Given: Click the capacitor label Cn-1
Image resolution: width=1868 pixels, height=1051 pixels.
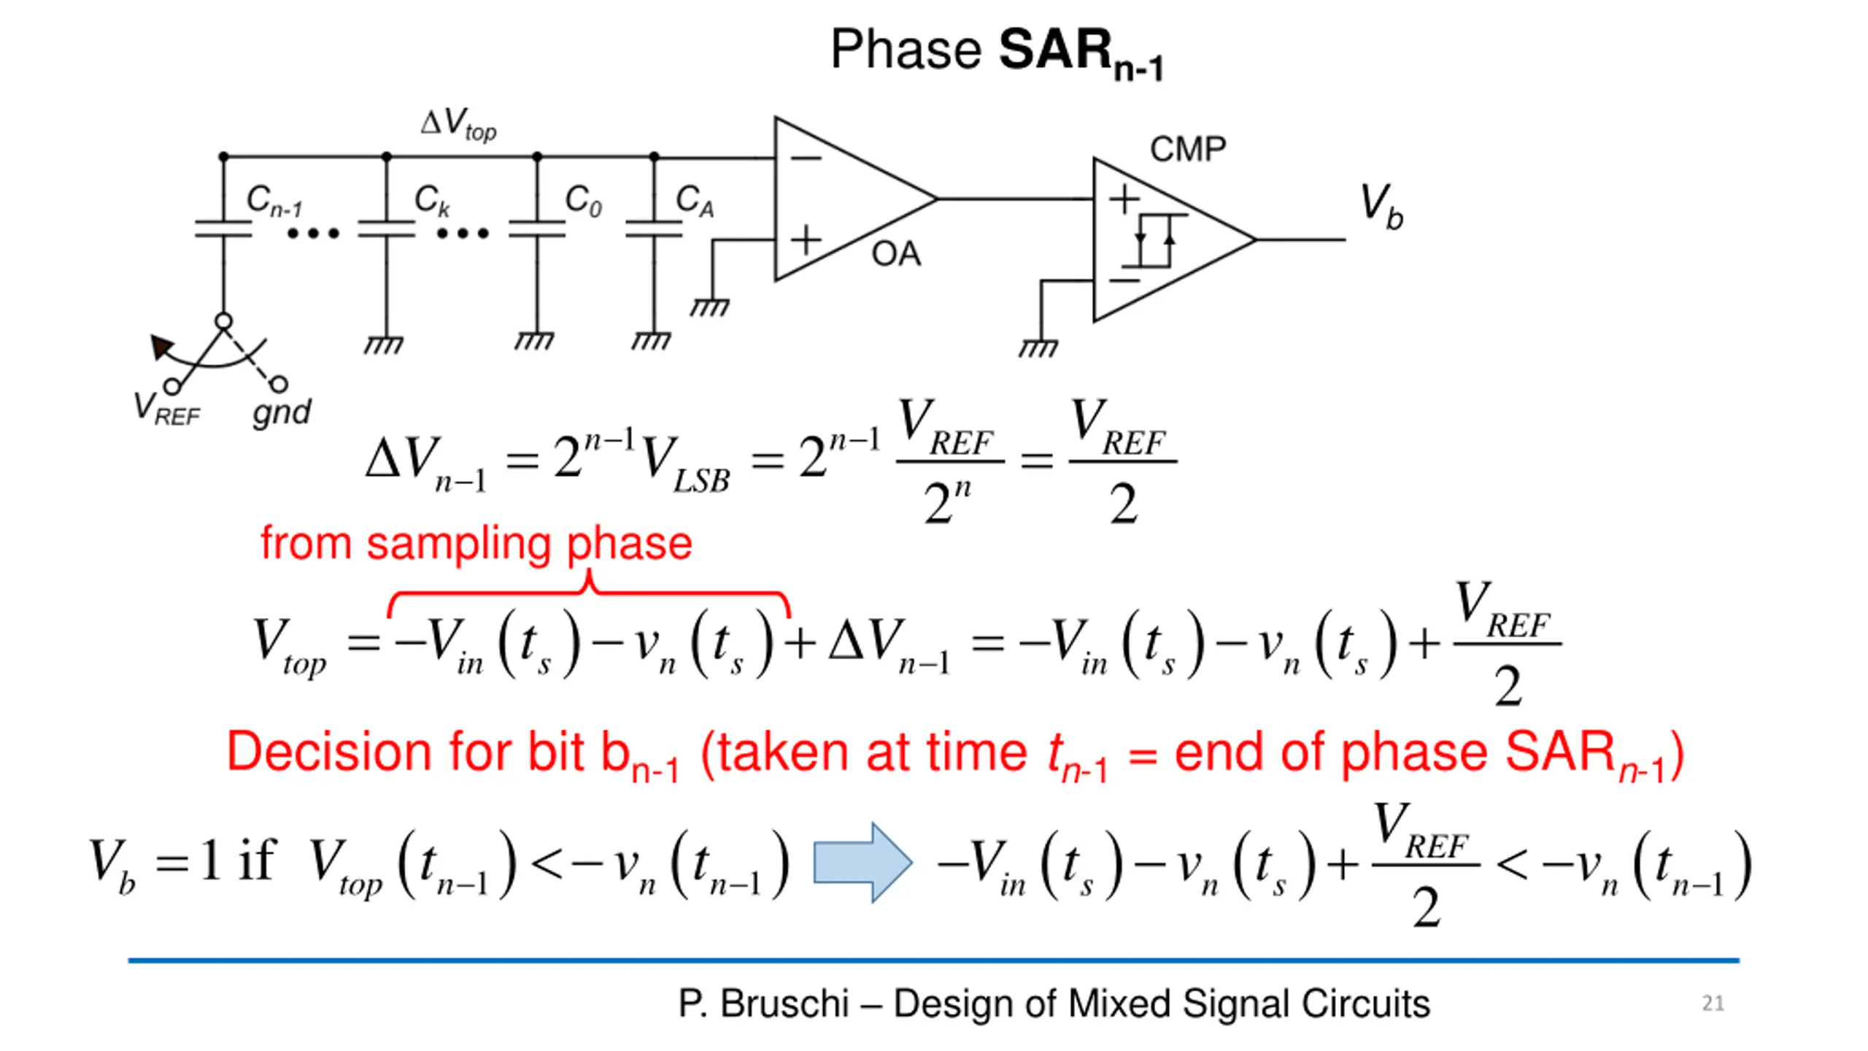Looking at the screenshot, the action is click(x=274, y=200).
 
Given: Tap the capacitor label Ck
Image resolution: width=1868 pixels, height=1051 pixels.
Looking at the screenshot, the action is click(x=432, y=200).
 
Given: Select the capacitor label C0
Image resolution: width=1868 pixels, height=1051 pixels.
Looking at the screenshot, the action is click(x=584, y=200).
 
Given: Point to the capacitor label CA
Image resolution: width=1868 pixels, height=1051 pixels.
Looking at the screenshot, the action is click(x=695, y=200).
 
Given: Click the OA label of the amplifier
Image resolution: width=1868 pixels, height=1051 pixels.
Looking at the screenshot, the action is click(x=896, y=254).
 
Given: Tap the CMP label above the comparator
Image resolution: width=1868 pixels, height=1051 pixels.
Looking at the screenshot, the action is click(x=1188, y=150).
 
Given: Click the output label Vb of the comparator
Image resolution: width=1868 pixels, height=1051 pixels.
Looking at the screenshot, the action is click(x=1382, y=206).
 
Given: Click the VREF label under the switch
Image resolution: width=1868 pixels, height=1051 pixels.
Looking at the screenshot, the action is click(x=166, y=409).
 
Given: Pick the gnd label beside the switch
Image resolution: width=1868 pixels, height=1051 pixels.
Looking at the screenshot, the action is click(x=282, y=412).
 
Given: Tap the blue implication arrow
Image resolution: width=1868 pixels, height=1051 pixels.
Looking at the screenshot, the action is click(x=862, y=863).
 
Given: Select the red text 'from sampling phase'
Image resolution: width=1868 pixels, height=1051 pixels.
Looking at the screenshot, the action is click(x=476, y=544).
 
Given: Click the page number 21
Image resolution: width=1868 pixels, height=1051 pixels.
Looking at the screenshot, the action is click(x=1713, y=1003).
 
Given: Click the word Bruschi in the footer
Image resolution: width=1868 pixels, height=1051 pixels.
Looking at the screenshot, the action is click(x=785, y=1004).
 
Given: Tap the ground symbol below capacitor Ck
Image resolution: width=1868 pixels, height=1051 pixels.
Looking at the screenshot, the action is click(x=385, y=344).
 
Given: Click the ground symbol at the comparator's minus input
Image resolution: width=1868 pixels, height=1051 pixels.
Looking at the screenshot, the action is click(x=1038, y=348).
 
